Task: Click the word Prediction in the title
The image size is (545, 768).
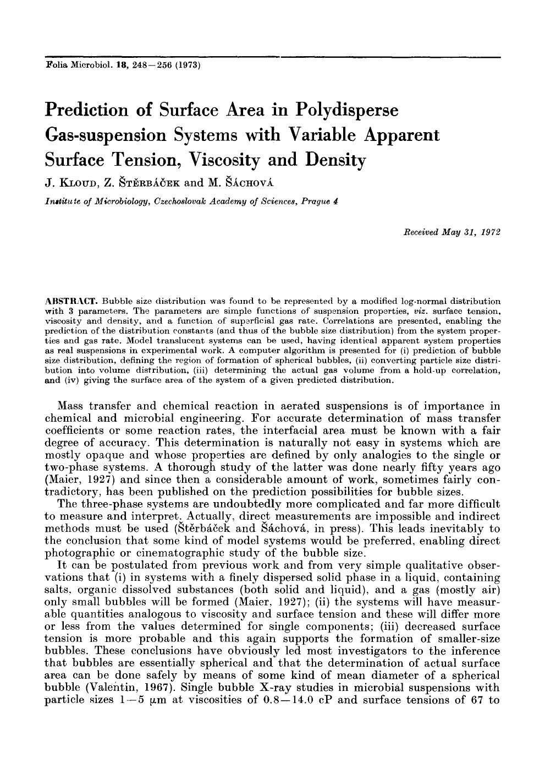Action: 85,109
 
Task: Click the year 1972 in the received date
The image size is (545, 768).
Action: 490,232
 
